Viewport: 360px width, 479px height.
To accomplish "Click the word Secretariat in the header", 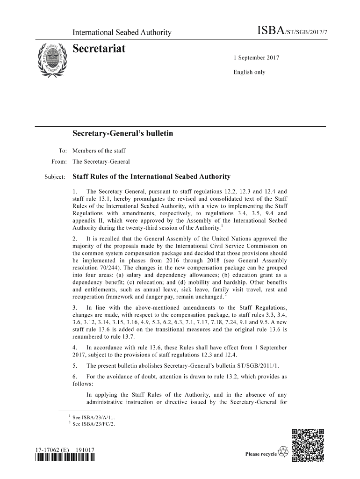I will [x=99, y=48].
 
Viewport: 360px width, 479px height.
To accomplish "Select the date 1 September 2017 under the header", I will [x=256, y=58].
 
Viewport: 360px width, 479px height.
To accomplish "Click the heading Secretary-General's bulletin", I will [x=122, y=134].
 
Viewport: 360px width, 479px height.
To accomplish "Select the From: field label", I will [x=59, y=162].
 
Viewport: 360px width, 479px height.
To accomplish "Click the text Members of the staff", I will [x=99, y=151].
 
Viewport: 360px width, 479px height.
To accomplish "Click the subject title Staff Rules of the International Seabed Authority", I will [x=151, y=177].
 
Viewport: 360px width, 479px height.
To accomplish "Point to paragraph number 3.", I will [x=75, y=308].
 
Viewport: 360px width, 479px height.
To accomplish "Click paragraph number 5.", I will [x=75, y=366].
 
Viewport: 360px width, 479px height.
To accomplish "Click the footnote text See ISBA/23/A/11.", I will [x=93, y=417].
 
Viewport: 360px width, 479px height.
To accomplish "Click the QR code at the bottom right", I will [x=308, y=445].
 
